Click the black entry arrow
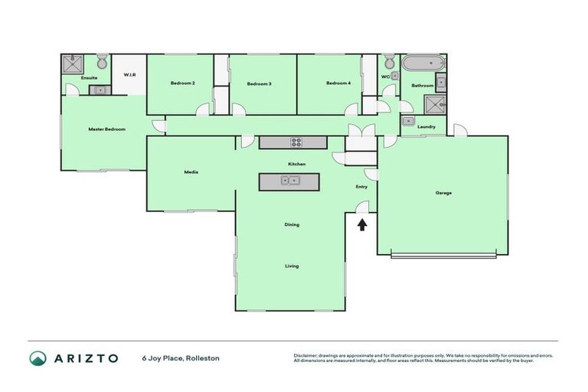click(x=362, y=224)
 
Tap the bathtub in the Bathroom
click(x=423, y=64)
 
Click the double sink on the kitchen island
click(x=289, y=181)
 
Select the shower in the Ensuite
click(x=73, y=64)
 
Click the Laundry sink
click(x=409, y=122)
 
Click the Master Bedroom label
click(x=106, y=129)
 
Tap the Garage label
click(x=443, y=192)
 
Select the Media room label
click(x=191, y=172)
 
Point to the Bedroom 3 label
click(x=259, y=83)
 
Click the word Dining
click(x=292, y=224)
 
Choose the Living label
click(x=292, y=266)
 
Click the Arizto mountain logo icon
click(x=37, y=358)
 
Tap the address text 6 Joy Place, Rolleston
click(x=181, y=358)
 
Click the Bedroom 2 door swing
click(x=203, y=109)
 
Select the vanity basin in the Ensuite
click(x=100, y=90)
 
